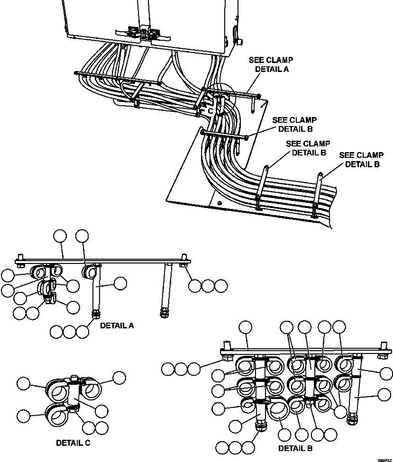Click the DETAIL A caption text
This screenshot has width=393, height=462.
pos(117,326)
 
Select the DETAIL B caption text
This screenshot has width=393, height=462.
pos(295,448)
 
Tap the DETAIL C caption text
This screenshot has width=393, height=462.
pos(73,443)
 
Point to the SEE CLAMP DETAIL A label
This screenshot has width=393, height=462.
pos(271,64)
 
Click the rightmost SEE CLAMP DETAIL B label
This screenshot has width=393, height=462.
pos(362,160)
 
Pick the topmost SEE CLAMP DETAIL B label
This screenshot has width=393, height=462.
pos(294,124)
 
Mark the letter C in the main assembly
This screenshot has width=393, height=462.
pos(210,110)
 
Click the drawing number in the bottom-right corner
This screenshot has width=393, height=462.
pos(384,459)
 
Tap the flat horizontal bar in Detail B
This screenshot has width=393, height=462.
pos(303,352)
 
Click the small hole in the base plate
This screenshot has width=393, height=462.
pos(219,204)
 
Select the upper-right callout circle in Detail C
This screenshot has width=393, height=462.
pos(119,377)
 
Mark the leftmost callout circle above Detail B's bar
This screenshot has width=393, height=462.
pos(246,327)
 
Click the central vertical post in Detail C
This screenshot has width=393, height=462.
pos(73,390)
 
